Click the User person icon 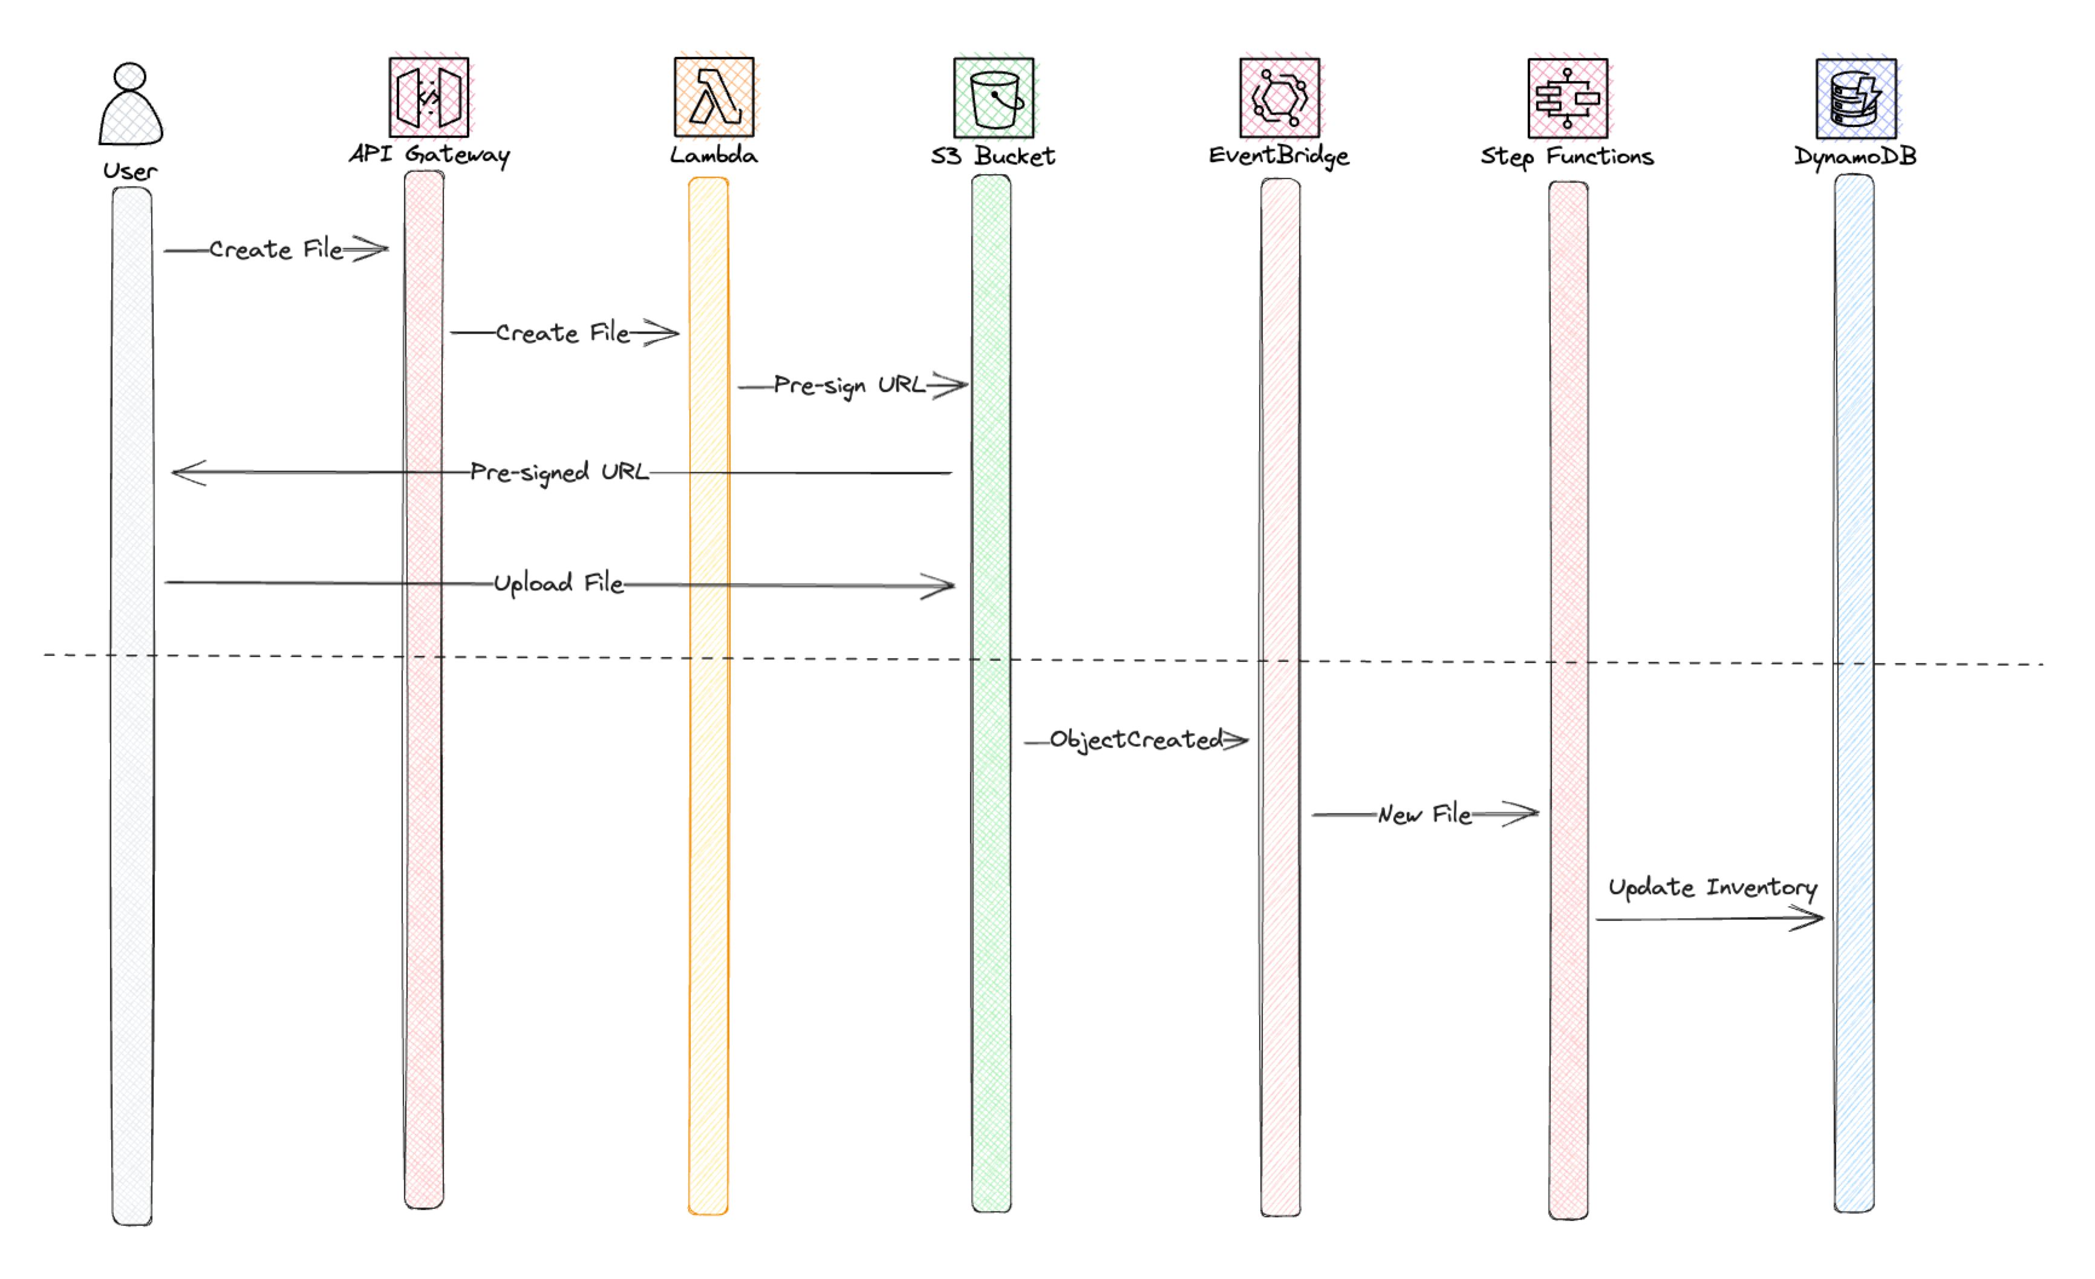(130, 103)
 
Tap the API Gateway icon (429, 97)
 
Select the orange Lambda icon (714, 97)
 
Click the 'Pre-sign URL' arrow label (849, 386)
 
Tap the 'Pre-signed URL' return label (559, 473)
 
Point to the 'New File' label (1424, 815)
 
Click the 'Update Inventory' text (1712, 888)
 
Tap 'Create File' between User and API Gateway (275, 250)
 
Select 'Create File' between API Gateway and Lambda (562, 333)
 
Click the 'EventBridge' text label (1279, 157)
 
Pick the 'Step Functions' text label (1567, 157)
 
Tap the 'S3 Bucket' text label (993, 157)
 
